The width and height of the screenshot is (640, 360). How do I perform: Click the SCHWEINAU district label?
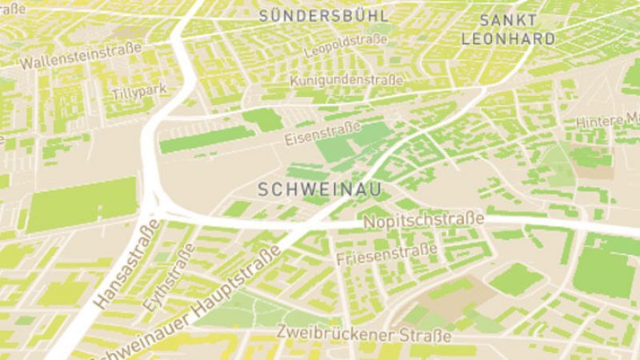[x=318, y=189]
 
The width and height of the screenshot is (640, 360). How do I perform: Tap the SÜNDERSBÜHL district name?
[x=324, y=16]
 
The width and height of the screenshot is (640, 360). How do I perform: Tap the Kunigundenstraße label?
[x=346, y=80]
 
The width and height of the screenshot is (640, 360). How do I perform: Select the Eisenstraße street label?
[x=323, y=134]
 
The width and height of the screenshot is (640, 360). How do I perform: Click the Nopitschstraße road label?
[x=423, y=219]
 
